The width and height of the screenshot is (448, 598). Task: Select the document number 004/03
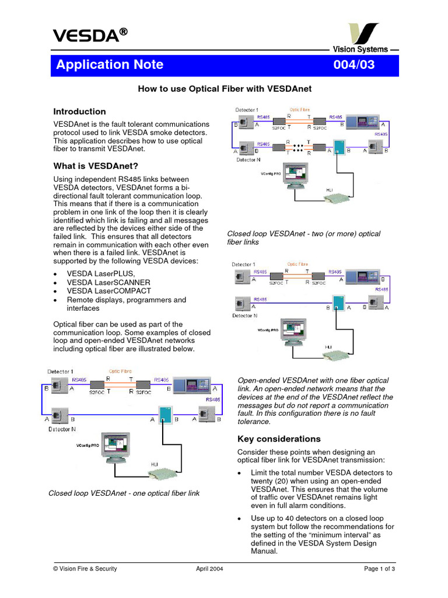coord(353,65)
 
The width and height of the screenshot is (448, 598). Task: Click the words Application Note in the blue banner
coord(110,65)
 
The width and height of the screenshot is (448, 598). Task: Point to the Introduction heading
coord(79,112)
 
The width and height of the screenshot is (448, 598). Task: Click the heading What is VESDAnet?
coord(96,166)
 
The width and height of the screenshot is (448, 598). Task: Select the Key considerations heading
coord(279,439)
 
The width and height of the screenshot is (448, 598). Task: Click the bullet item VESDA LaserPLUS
coord(101,273)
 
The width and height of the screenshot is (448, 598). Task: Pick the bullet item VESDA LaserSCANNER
coord(108,282)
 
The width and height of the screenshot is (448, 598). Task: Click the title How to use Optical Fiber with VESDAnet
coord(225,89)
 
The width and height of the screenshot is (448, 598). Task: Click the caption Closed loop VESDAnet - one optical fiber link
coord(124,493)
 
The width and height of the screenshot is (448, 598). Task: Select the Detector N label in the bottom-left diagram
coord(61,429)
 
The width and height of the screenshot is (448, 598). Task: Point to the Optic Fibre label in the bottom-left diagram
coord(120,371)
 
